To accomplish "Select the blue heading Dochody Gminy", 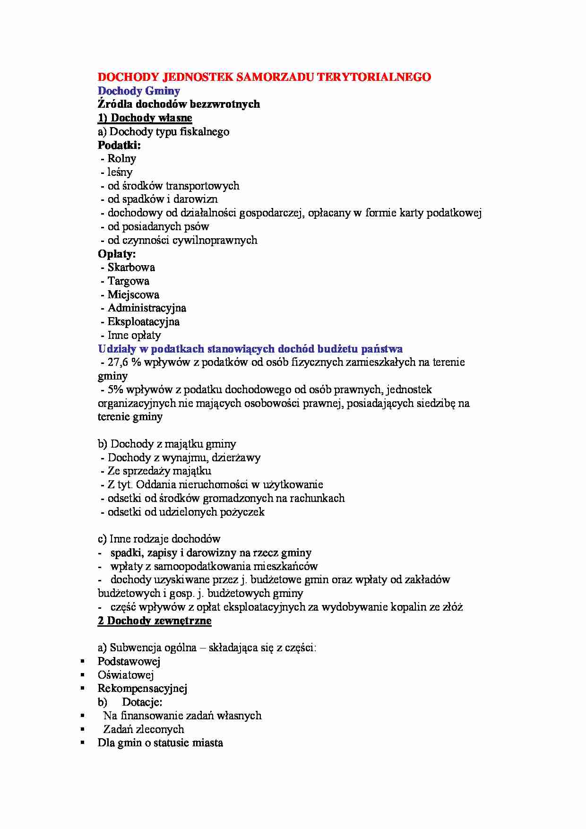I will pos(138,91).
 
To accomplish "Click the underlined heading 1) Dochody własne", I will pos(145,118).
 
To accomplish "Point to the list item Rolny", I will pos(121,159).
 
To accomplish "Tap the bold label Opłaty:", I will pos(117,254).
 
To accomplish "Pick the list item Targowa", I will pos(128,281).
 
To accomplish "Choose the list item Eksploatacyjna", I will pos(143,322).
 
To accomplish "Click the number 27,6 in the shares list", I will pos(118,363).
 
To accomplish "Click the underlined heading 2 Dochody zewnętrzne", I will pos(155,621).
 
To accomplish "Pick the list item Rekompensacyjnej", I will pos(142,689).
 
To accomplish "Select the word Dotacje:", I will pos(142,702).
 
